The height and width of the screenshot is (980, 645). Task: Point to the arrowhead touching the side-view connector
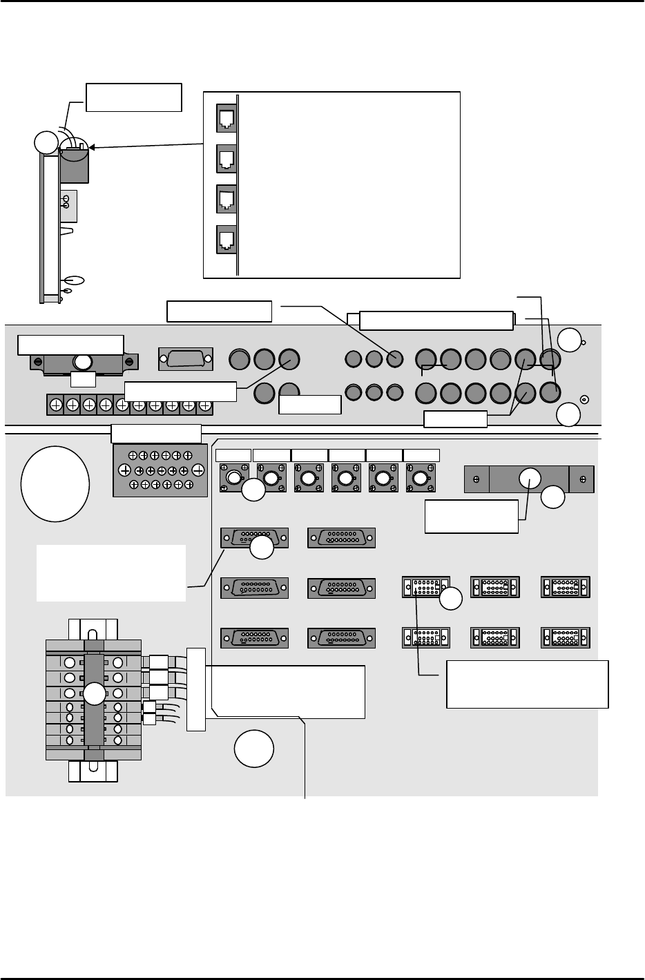93,147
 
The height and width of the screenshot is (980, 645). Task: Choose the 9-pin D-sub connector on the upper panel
186,358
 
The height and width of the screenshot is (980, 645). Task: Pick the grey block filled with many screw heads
161,470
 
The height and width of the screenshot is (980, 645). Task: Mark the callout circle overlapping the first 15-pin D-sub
261,548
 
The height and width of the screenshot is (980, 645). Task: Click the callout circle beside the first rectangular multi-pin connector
451,599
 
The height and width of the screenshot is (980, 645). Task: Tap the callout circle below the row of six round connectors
253,490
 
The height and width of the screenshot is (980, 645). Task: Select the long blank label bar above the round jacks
436,320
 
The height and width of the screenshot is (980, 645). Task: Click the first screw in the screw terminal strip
55,404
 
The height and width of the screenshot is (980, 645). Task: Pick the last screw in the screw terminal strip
204,404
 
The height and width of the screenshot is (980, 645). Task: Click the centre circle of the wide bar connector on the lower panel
530,478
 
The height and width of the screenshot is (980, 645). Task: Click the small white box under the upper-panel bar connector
83,380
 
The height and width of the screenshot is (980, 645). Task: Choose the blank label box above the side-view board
133,97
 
